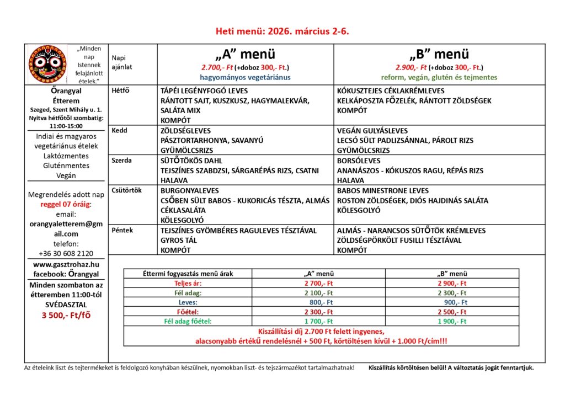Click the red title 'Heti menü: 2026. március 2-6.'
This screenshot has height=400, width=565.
pos(282,31)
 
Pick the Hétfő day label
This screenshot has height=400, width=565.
pos(120,90)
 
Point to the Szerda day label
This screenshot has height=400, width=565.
pos(121,161)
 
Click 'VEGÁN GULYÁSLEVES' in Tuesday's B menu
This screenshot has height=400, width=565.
pos(372,131)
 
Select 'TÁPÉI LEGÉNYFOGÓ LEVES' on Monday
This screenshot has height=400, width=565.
pos(204,90)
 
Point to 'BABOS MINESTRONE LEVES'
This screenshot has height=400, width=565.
pos(382,190)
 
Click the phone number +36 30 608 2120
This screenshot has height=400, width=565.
pos(66,253)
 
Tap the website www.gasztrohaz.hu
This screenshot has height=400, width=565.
pos(66,265)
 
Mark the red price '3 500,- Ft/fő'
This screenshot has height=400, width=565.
pos(66,316)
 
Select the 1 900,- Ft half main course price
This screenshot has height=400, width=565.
pos(452,321)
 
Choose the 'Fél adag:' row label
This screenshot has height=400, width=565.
pos(186,293)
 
